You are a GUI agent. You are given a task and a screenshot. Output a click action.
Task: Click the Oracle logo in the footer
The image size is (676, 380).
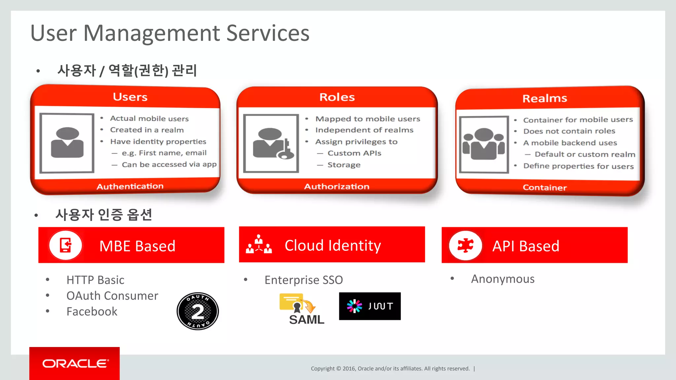(x=75, y=364)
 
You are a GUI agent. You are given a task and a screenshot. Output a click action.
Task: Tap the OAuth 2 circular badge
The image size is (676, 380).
(x=197, y=311)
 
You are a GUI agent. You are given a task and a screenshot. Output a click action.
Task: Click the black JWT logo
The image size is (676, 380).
(x=370, y=306)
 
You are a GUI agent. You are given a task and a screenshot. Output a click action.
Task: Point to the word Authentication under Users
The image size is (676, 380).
(x=130, y=186)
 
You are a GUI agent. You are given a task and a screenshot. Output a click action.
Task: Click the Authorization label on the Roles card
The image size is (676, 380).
(x=336, y=187)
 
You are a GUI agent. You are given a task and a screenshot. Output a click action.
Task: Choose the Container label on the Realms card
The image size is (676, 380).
(x=545, y=188)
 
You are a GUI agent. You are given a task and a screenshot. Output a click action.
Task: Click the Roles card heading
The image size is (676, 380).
(x=337, y=97)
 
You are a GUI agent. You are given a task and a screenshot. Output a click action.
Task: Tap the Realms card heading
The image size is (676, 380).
(x=545, y=98)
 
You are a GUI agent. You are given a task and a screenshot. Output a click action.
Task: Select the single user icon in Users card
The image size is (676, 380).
(x=67, y=143)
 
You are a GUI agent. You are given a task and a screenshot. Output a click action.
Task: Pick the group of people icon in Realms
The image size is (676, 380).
(x=484, y=144)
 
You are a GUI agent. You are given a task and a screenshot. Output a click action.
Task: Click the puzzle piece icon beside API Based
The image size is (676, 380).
(x=465, y=245)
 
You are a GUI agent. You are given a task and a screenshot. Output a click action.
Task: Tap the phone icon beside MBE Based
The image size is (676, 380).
(x=65, y=245)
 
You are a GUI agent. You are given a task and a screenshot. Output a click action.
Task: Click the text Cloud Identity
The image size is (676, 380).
(x=333, y=245)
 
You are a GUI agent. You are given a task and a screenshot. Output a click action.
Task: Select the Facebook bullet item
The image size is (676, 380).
(x=92, y=311)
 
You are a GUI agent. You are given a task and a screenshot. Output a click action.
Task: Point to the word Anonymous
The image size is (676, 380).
(x=502, y=279)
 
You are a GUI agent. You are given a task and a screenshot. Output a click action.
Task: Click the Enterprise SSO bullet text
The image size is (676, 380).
(x=303, y=280)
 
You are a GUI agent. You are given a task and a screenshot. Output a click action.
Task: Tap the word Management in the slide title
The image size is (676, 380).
(x=152, y=33)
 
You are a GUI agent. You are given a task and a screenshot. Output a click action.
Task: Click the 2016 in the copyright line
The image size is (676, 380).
(x=349, y=369)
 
